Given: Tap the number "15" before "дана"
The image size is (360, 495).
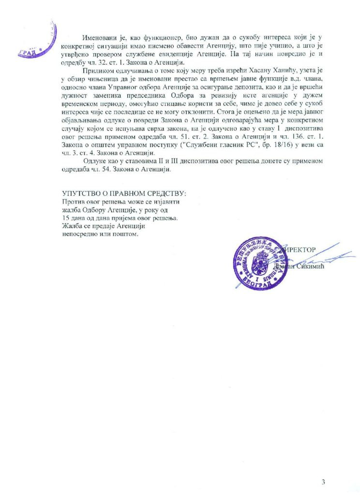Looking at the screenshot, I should tap(66, 218).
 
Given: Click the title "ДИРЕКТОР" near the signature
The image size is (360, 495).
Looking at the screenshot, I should tap(296, 249).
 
